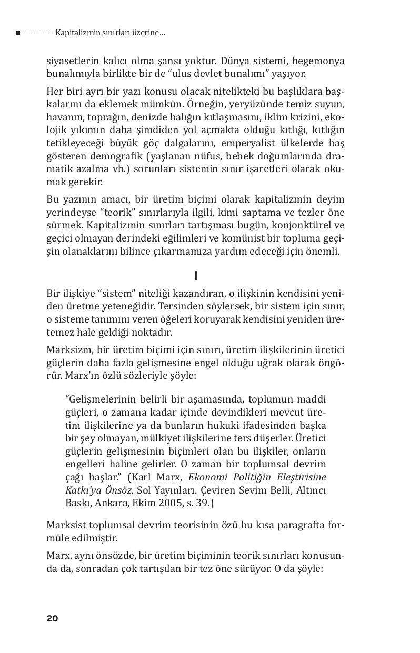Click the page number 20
pos(52,618)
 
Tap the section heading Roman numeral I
pos(196,276)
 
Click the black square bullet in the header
pos(18,33)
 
